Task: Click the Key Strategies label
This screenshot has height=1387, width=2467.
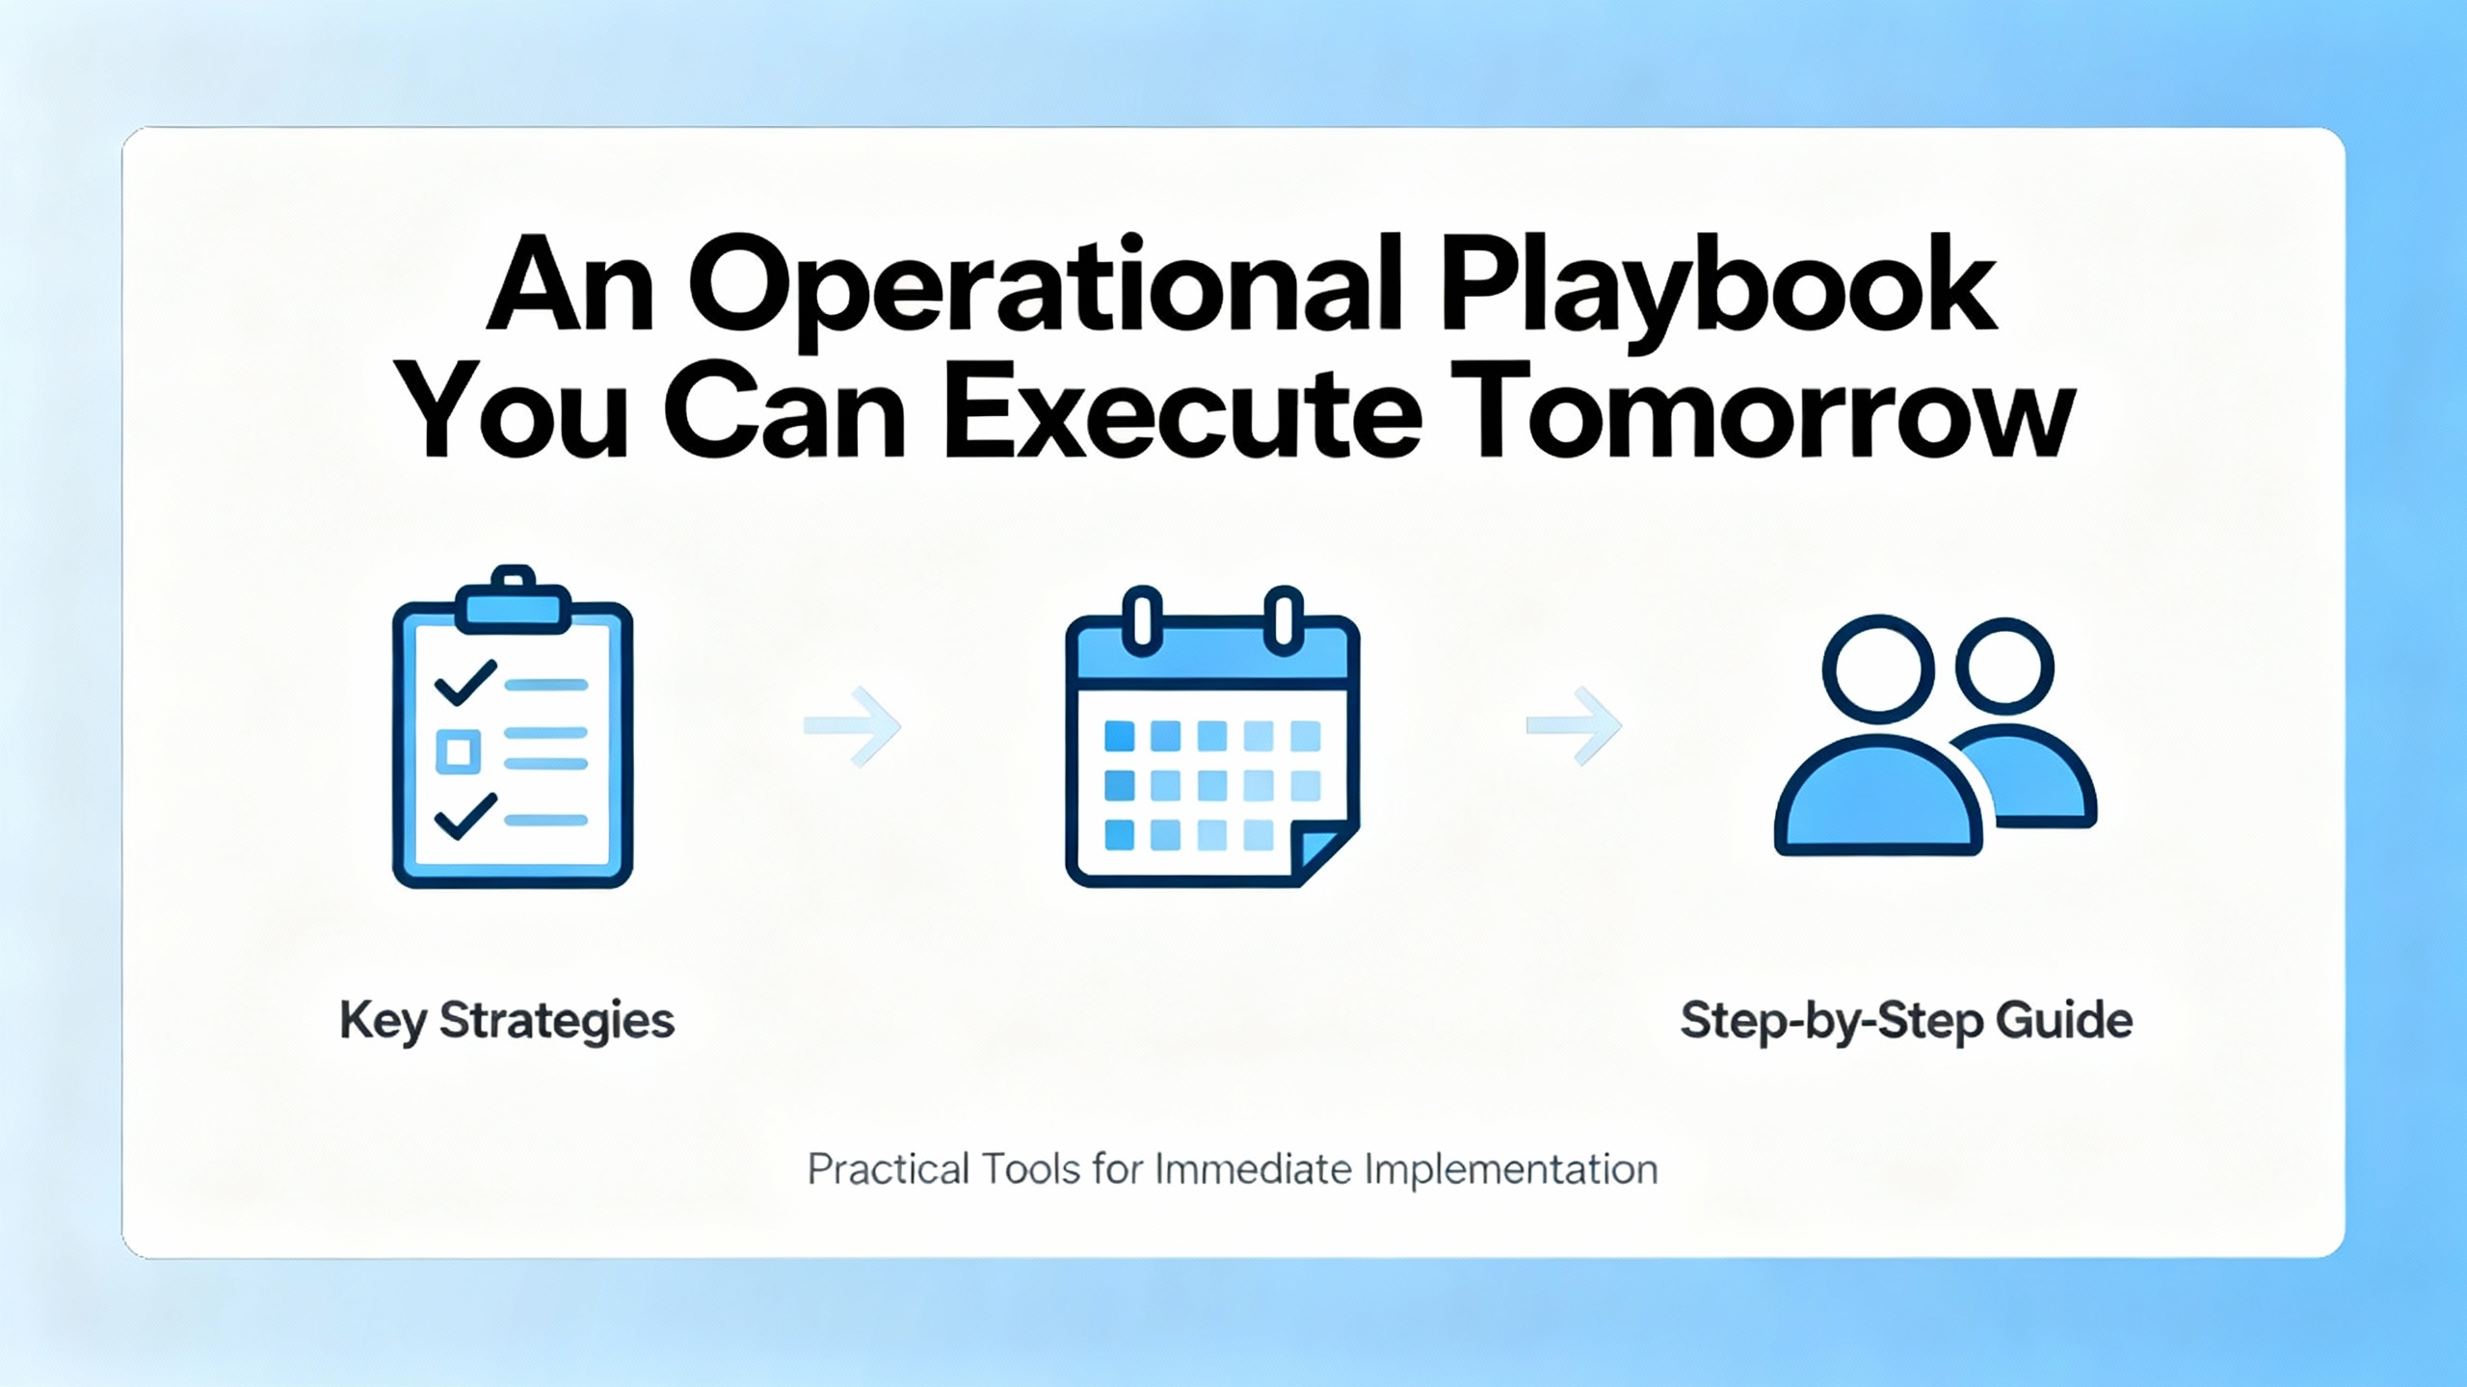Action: (507, 1021)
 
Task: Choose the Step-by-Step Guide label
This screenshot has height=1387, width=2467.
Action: (1906, 1021)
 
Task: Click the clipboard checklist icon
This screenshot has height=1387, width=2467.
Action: (513, 726)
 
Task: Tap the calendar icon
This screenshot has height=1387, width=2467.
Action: (1212, 736)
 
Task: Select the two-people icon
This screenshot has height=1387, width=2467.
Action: (1935, 736)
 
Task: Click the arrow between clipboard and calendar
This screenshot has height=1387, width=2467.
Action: (853, 726)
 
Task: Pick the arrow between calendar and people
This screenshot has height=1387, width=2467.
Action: (1574, 726)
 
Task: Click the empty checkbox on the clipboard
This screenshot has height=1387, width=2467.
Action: (459, 751)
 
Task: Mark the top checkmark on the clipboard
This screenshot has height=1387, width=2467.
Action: (466, 682)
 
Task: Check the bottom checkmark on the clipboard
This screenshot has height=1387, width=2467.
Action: (466, 816)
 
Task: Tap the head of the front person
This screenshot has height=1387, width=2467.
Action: (1879, 668)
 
